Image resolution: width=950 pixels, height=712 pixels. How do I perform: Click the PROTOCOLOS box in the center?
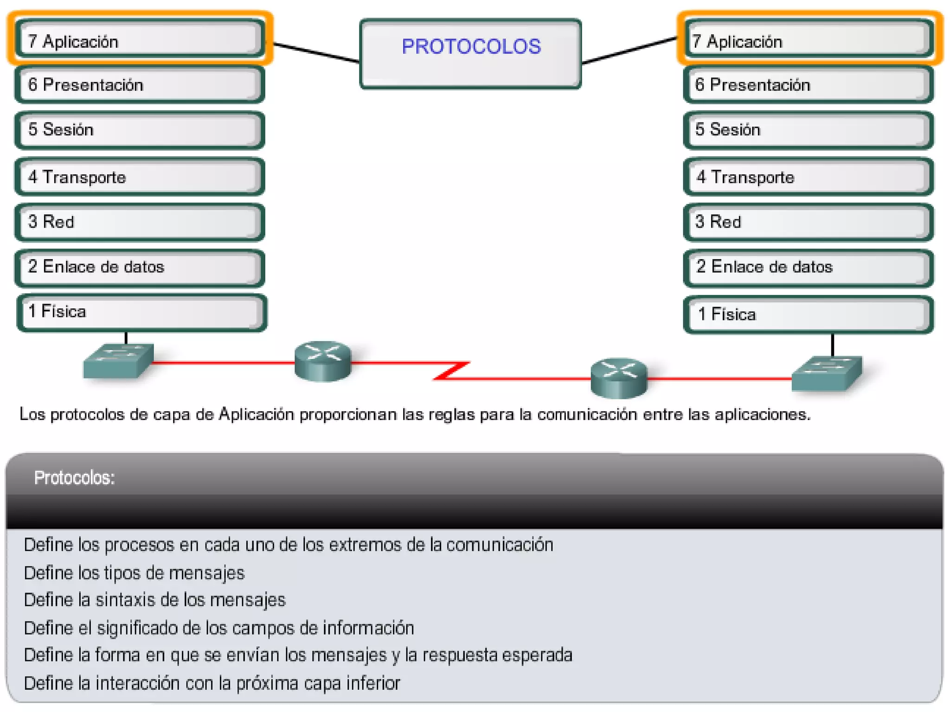(x=470, y=53)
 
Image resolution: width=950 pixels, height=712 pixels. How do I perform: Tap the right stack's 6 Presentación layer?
(x=808, y=84)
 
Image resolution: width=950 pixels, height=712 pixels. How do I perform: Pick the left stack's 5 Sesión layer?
(x=140, y=130)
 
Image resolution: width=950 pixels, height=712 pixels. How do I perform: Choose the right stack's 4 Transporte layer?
(x=808, y=177)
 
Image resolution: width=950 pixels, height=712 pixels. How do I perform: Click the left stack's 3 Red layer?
(x=140, y=222)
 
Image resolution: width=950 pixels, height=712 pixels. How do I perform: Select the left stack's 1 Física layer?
(x=141, y=312)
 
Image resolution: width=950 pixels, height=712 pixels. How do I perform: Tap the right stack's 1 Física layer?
(x=808, y=315)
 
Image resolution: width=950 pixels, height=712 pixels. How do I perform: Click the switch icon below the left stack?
(x=118, y=361)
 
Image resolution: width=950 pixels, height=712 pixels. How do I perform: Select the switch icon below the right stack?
(x=827, y=373)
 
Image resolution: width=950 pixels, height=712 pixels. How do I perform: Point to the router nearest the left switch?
(x=323, y=361)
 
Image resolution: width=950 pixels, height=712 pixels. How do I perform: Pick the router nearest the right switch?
(x=619, y=378)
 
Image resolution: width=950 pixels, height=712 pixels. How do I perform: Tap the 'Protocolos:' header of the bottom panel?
(x=74, y=477)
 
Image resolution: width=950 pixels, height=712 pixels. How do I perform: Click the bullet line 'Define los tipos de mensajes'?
(x=134, y=573)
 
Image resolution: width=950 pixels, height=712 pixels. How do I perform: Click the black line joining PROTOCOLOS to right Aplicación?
(x=629, y=50)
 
